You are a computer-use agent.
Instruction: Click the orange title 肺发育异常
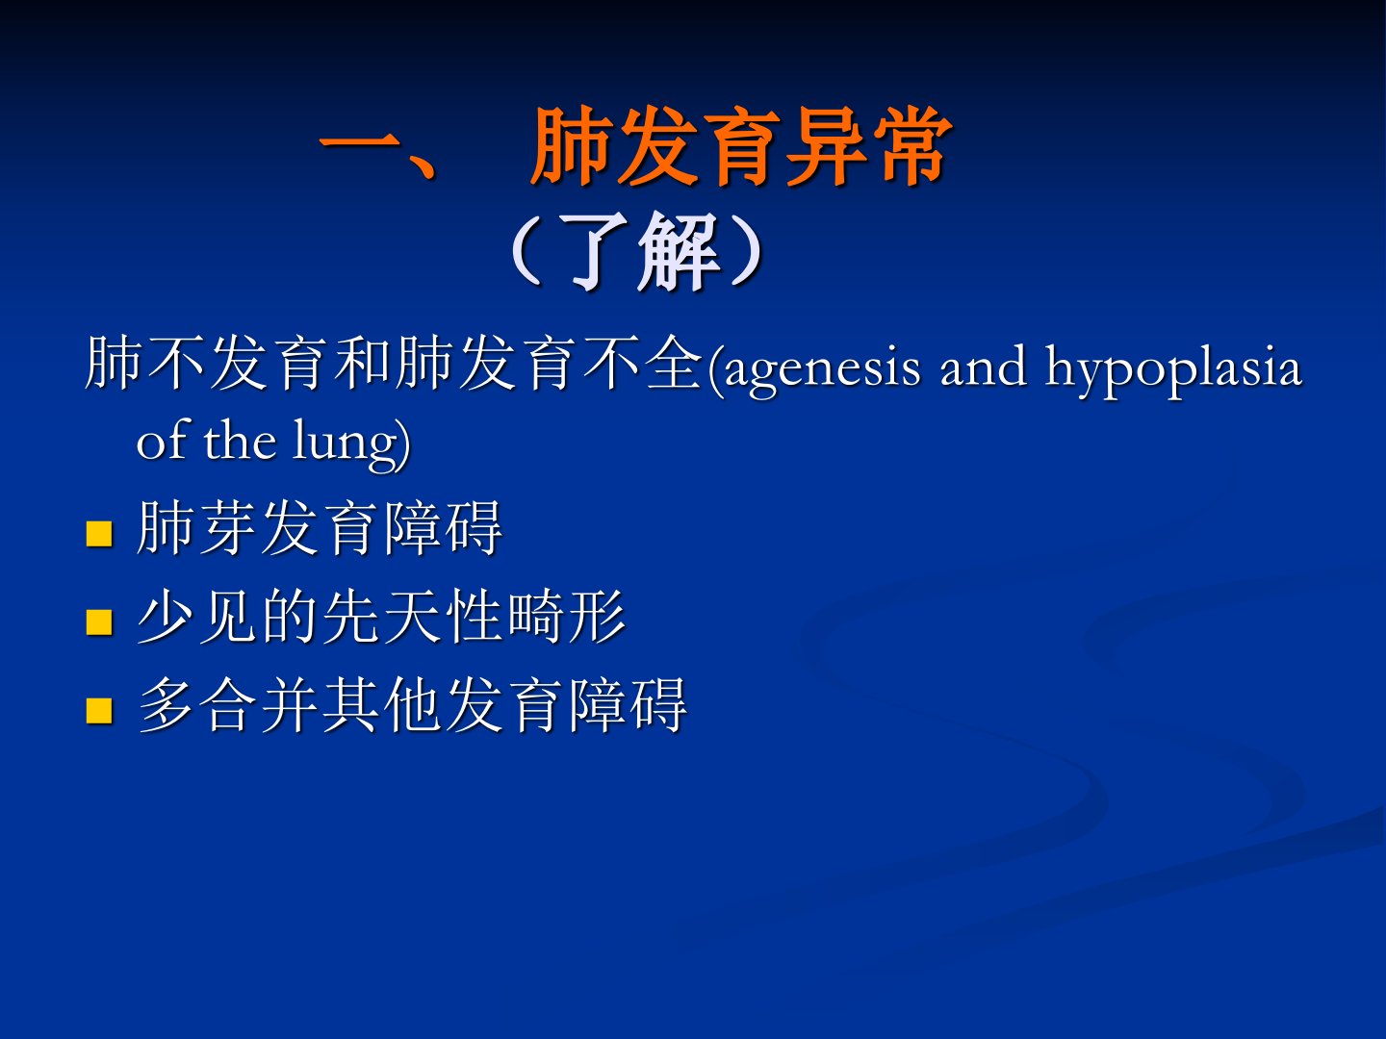pos(741,146)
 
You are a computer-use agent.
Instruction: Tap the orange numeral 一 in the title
pos(360,146)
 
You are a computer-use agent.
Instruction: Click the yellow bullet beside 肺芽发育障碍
pos(99,533)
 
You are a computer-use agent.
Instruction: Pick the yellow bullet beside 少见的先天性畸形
pos(99,621)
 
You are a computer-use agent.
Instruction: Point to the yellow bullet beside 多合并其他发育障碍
pos(99,710)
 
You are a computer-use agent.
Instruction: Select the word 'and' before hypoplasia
pos(983,366)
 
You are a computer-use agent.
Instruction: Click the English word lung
pos(346,444)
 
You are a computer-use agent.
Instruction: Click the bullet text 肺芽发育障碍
pos(320,528)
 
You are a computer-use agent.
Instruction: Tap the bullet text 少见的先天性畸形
pos(381,617)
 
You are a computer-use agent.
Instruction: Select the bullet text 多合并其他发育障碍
pos(412,704)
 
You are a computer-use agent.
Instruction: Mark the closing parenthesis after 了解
pos(748,252)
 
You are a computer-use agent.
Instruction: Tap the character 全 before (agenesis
pos(675,363)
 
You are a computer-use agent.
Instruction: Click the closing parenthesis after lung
pos(405,444)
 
